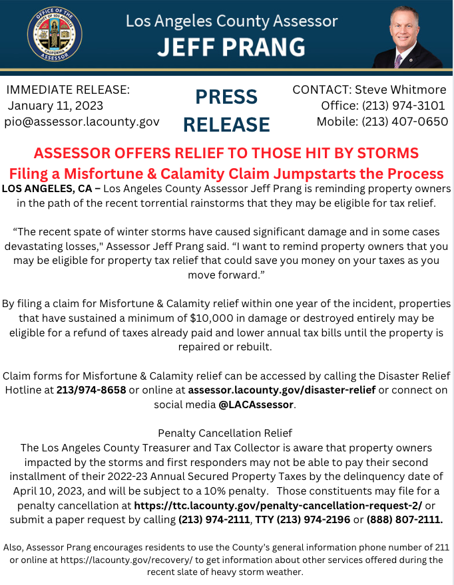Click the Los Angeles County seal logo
tap(55, 35)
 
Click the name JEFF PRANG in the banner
tap(231, 47)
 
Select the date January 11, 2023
tap(55, 105)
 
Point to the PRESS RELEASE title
tap(226, 110)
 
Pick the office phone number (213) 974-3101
tap(403, 105)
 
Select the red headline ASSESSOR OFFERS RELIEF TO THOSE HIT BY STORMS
tap(226, 153)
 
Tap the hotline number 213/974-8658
tap(91, 389)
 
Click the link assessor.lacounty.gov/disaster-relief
tap(282, 389)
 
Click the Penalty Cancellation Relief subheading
tap(226, 433)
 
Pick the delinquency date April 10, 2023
tap(54, 491)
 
